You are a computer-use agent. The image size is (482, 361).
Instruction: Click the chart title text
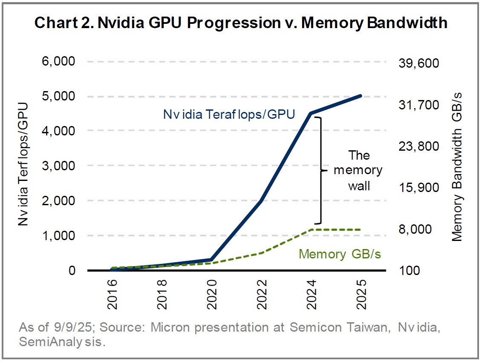tap(241, 23)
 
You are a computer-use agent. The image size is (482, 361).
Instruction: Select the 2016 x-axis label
tap(111, 292)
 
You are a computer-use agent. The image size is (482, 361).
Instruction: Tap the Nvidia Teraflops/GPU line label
tap(229, 115)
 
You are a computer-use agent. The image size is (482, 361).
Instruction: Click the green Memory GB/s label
tap(340, 254)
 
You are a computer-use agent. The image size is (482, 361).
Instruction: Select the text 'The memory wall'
tap(358, 170)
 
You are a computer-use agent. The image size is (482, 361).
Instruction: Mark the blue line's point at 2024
tap(311, 113)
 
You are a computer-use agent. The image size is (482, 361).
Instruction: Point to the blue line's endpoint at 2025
tap(361, 96)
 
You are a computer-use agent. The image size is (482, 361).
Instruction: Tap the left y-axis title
tap(24, 164)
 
